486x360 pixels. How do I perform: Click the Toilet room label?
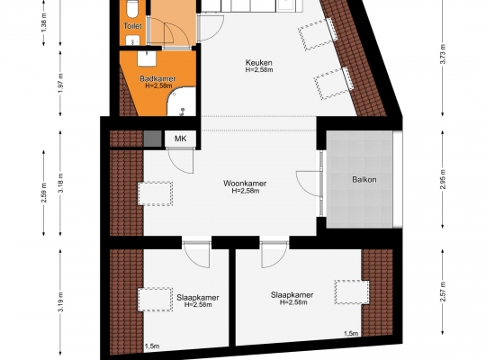(132, 26)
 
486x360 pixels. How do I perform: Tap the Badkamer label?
(157, 79)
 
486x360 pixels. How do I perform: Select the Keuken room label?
(259, 62)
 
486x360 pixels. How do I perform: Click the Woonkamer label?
(245, 184)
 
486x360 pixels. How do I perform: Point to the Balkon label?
(364, 179)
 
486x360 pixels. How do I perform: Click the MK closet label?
(180, 139)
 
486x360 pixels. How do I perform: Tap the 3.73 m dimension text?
(443, 54)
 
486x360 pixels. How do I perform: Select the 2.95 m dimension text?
(443, 179)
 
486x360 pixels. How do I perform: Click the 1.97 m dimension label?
(61, 83)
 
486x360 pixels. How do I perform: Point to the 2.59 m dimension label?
(44, 193)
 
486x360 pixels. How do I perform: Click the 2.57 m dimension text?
(443, 292)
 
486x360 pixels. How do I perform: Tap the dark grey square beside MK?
(152, 139)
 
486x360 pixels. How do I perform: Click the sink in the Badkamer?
(147, 58)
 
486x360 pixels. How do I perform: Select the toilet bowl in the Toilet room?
(132, 9)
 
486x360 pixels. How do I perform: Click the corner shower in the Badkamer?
(182, 102)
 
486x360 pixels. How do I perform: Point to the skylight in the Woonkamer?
(155, 193)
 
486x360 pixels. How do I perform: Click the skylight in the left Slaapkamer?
(155, 300)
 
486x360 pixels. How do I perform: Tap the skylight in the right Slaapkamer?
(352, 292)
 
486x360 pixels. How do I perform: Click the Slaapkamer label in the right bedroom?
(292, 295)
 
